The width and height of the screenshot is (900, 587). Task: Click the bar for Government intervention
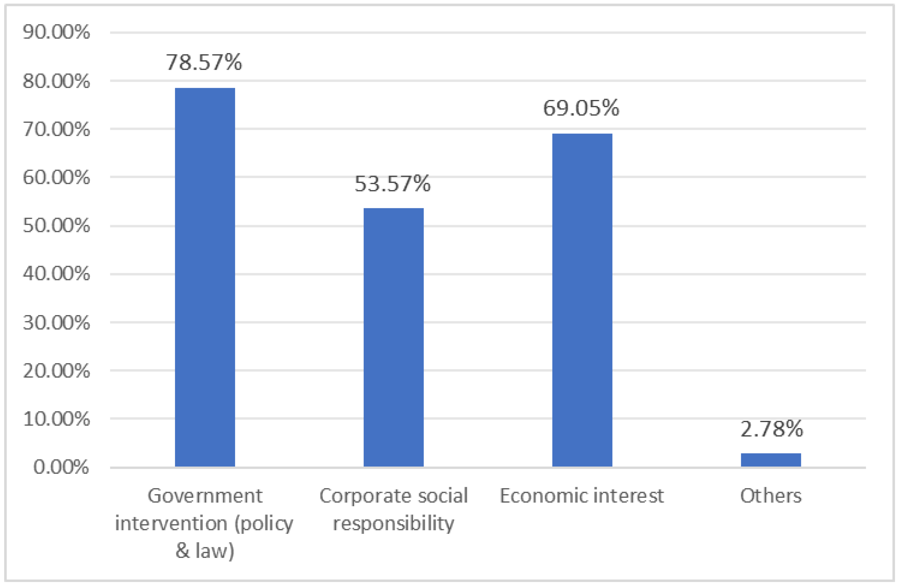pos(205,277)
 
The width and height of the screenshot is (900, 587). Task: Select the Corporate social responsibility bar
pos(393,337)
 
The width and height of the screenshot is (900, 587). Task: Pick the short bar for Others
pos(771,460)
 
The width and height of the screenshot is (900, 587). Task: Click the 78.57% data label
pos(204,62)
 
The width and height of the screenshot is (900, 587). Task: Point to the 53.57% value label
pos(393,184)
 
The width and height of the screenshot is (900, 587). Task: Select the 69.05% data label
pos(581,108)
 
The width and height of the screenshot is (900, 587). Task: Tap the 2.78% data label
pos(772,429)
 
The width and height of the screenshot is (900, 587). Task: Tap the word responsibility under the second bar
pos(393,524)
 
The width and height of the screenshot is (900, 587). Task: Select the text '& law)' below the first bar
pos(205,551)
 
